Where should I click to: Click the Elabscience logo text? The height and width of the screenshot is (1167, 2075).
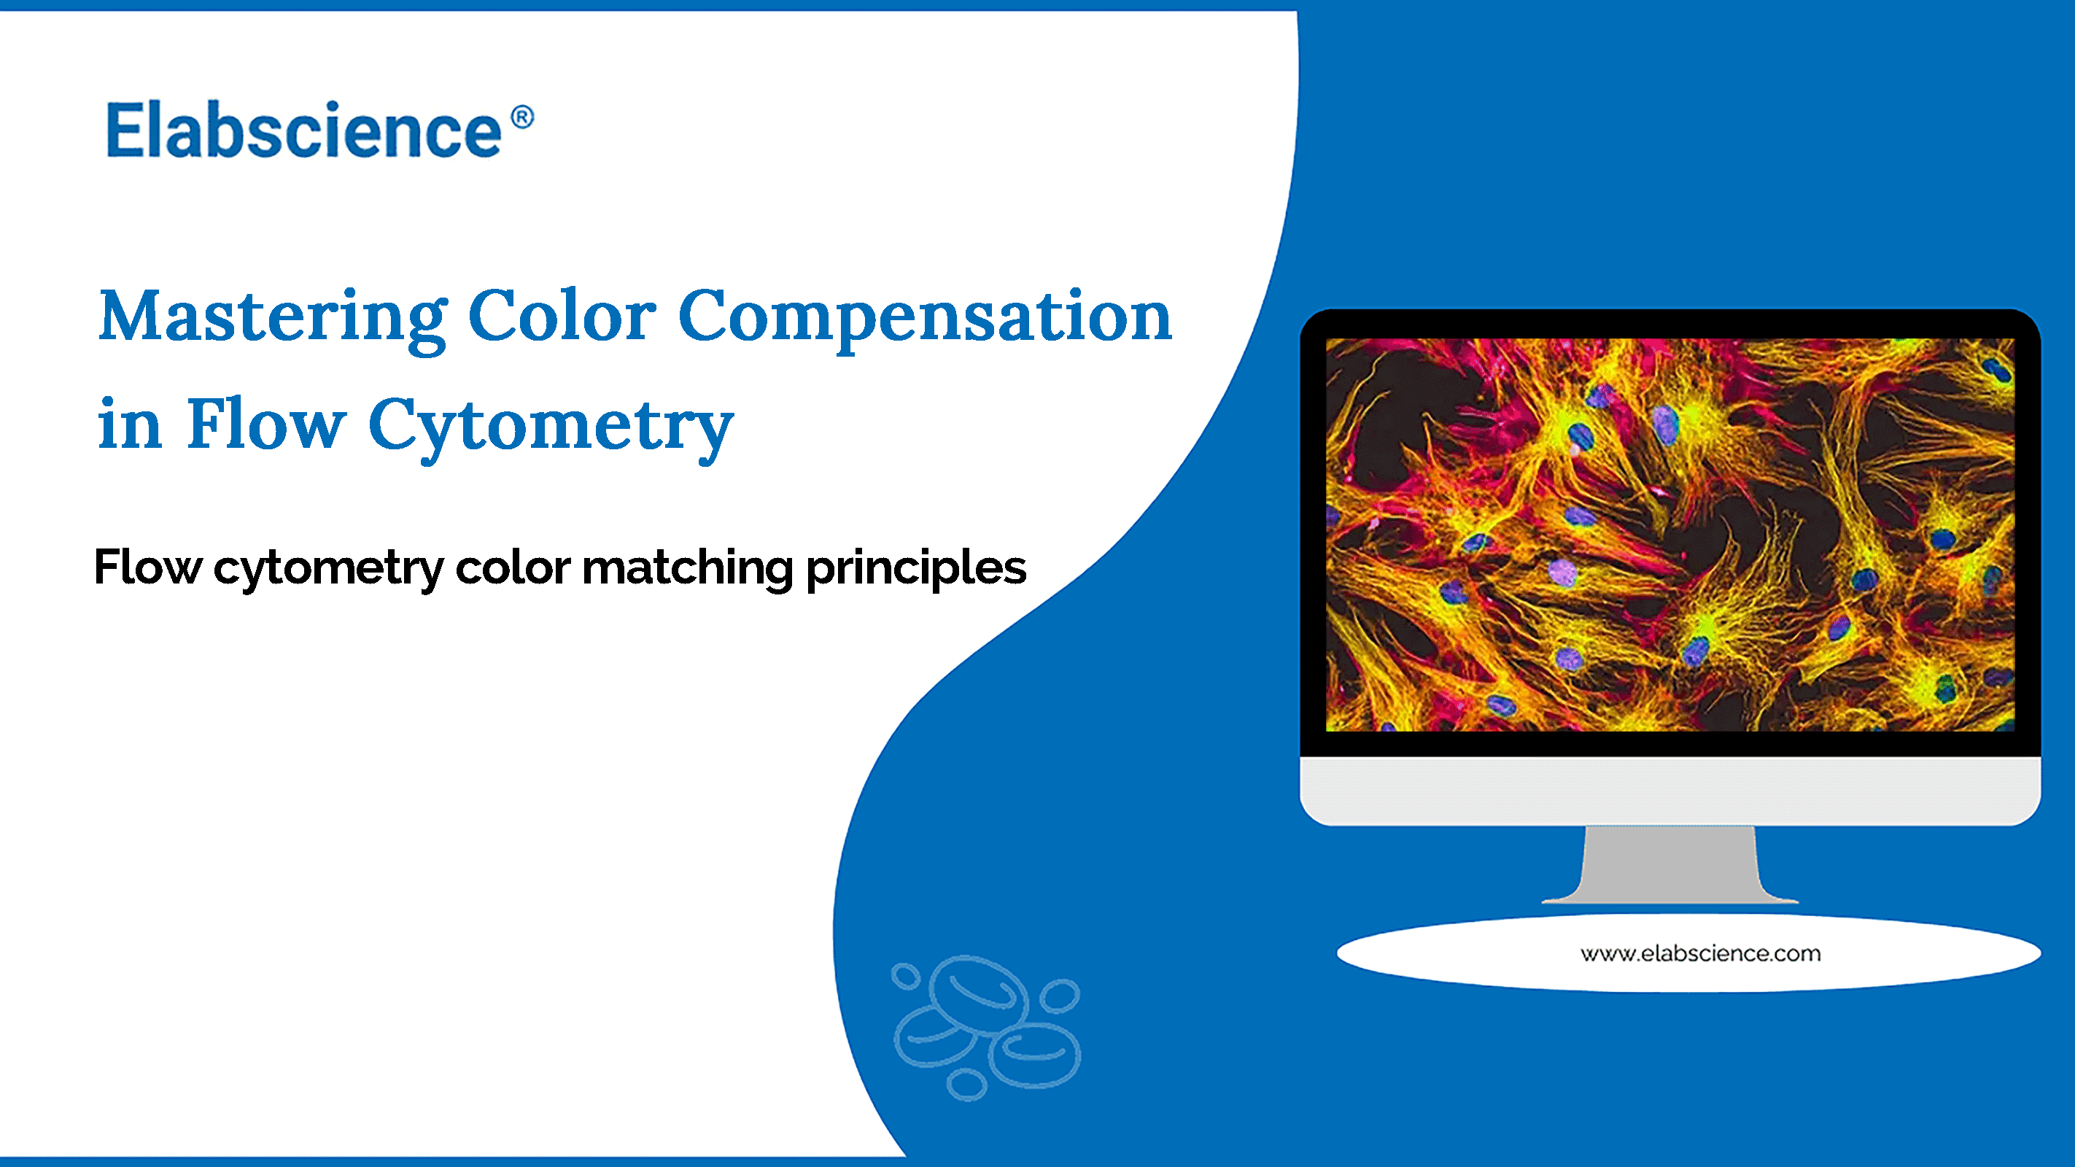tap(304, 131)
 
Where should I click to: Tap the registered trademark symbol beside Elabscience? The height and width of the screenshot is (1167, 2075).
tap(522, 117)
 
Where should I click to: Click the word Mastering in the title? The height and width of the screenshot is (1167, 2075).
tap(272, 317)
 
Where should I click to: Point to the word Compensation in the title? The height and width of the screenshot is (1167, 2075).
tap(925, 317)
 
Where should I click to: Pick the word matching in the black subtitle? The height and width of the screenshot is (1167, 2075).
tap(687, 569)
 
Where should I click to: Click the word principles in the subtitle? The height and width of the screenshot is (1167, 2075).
tap(916, 569)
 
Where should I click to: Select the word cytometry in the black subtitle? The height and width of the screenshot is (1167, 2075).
tap(328, 569)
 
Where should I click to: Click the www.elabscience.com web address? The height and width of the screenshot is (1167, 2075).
tap(1699, 953)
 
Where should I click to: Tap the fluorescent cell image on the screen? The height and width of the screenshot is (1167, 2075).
tap(1669, 534)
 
